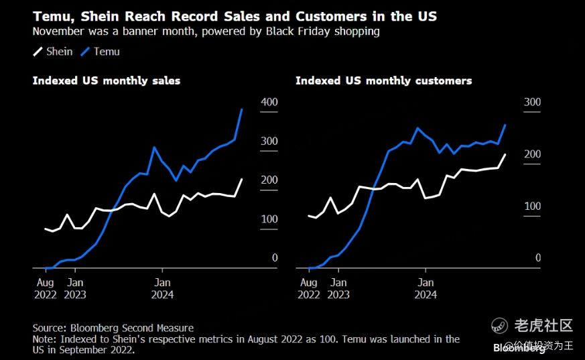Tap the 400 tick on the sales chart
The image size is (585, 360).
click(269, 102)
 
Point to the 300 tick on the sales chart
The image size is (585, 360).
click(269, 141)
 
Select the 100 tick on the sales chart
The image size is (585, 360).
click(269, 219)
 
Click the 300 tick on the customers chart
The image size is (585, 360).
click(532, 102)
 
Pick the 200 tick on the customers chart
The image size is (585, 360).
click(532, 154)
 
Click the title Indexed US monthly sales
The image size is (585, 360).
click(107, 80)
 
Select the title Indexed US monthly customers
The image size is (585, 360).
click(383, 80)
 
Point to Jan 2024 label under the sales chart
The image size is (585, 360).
click(161, 288)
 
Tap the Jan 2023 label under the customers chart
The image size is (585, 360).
click(339, 288)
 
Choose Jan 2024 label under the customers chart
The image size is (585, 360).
click(426, 288)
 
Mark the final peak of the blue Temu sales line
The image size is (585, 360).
click(241, 109)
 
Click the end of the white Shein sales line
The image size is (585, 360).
click(242, 179)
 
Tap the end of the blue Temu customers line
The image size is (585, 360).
click(505, 125)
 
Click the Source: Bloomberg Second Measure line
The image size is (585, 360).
click(113, 328)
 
